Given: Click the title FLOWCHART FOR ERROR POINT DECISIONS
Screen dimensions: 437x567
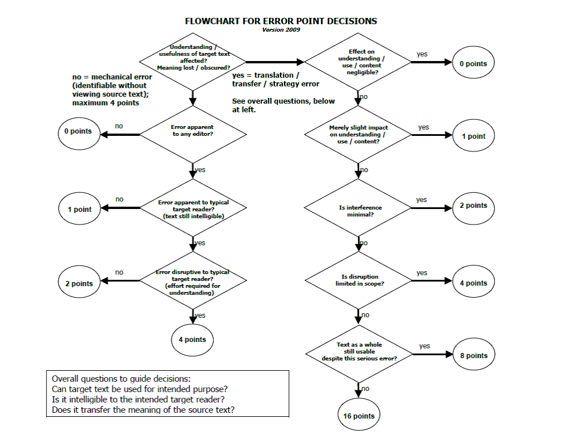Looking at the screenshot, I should click(x=281, y=21).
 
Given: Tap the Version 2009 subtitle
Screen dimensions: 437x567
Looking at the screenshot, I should click(x=281, y=30).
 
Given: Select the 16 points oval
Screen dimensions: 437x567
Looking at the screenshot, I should click(x=359, y=416).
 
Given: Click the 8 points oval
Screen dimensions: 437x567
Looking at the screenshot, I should click(x=474, y=355).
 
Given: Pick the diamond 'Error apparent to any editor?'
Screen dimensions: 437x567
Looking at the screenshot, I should click(x=192, y=130).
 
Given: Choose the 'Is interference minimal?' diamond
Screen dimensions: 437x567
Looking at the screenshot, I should click(x=360, y=210).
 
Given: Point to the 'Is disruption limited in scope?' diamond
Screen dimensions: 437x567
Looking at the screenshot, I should click(x=360, y=280).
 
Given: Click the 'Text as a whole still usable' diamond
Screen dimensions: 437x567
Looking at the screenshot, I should click(x=359, y=351).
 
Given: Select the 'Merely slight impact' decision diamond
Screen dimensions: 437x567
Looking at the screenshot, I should click(x=358, y=134).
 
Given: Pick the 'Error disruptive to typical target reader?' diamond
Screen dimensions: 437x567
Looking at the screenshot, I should click(x=192, y=282).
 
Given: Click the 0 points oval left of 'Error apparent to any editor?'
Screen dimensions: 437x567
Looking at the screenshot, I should click(x=78, y=131).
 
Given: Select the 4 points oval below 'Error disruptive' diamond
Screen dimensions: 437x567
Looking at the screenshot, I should click(x=192, y=339).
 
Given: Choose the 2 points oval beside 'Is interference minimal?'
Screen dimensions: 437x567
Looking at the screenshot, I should click(x=473, y=206).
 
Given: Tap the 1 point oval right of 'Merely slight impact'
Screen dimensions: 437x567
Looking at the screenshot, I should click(x=474, y=136).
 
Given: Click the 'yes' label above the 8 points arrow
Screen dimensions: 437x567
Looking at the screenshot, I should click(x=424, y=346).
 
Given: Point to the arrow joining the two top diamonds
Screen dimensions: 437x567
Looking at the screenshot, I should click(x=274, y=62).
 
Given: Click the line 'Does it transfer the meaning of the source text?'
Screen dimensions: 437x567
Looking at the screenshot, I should click(x=143, y=409).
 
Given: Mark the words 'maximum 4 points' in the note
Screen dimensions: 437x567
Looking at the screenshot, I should click(x=106, y=103).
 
